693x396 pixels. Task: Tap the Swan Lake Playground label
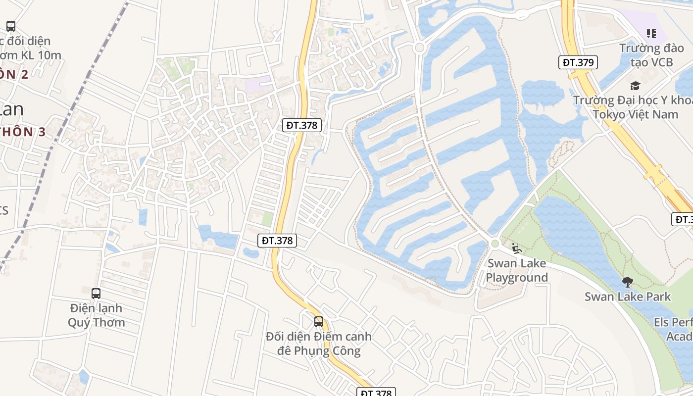pyautogui.click(x=516, y=270)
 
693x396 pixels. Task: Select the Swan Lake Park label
pyautogui.click(x=627, y=297)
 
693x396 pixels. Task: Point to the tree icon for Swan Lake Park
pyautogui.click(x=627, y=282)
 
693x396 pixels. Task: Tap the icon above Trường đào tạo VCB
pyautogui.click(x=651, y=34)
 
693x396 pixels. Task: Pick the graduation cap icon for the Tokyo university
pyautogui.click(x=635, y=86)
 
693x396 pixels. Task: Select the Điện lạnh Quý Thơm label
pyautogui.click(x=96, y=315)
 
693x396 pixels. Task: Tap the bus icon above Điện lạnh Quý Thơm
pyautogui.click(x=96, y=293)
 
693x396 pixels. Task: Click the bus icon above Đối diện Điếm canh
pyautogui.click(x=319, y=322)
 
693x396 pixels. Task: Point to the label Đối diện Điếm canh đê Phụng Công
pyautogui.click(x=319, y=344)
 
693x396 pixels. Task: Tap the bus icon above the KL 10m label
pyautogui.click(x=10, y=26)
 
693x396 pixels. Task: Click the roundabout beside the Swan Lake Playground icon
pyautogui.click(x=495, y=243)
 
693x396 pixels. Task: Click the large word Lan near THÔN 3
pyautogui.click(x=12, y=109)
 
